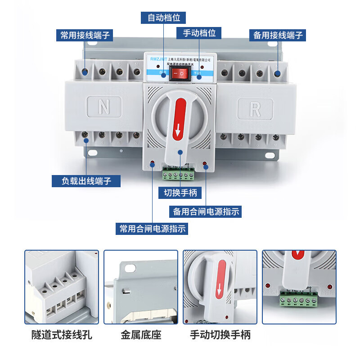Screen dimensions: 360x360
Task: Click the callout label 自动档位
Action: point(164,18)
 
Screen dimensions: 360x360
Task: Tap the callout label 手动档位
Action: point(199,33)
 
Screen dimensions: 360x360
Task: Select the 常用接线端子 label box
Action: point(85,35)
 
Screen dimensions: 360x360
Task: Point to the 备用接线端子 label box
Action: point(278,35)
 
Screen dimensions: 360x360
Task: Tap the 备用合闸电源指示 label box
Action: point(206,211)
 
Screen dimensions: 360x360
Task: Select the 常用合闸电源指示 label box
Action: point(152,229)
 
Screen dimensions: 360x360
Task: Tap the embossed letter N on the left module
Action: point(104,108)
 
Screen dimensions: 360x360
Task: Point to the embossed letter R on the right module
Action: point(256,108)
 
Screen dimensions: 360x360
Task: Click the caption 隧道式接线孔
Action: point(61,335)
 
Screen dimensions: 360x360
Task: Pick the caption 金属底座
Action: point(140,335)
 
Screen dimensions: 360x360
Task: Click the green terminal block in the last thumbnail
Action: point(297,299)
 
